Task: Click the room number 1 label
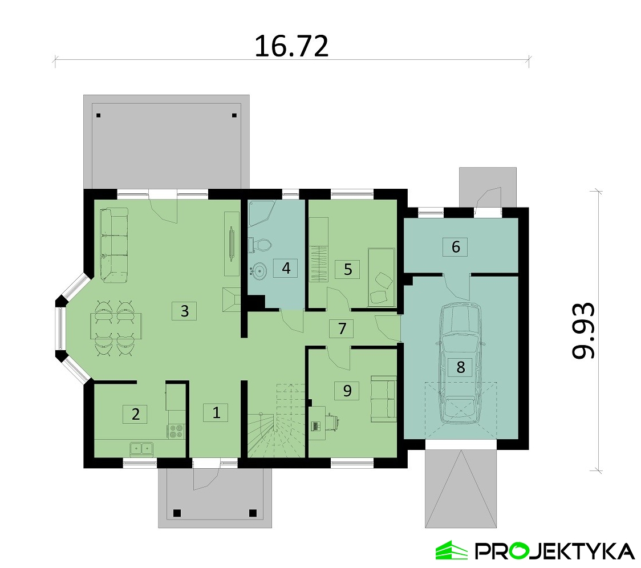(x=216, y=412)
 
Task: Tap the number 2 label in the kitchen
(x=135, y=414)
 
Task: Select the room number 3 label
(x=184, y=311)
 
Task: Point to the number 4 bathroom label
(x=286, y=268)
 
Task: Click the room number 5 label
(x=347, y=269)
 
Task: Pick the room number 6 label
(x=456, y=246)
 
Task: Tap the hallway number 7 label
(x=342, y=328)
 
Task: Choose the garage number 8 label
(x=461, y=367)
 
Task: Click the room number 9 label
(x=347, y=391)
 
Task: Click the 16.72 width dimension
(x=291, y=46)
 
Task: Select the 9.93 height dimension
(x=582, y=330)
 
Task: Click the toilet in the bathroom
(x=260, y=245)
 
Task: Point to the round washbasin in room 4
(x=258, y=270)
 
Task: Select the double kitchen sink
(x=141, y=449)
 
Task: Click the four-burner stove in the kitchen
(x=176, y=431)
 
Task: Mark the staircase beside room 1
(x=277, y=420)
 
